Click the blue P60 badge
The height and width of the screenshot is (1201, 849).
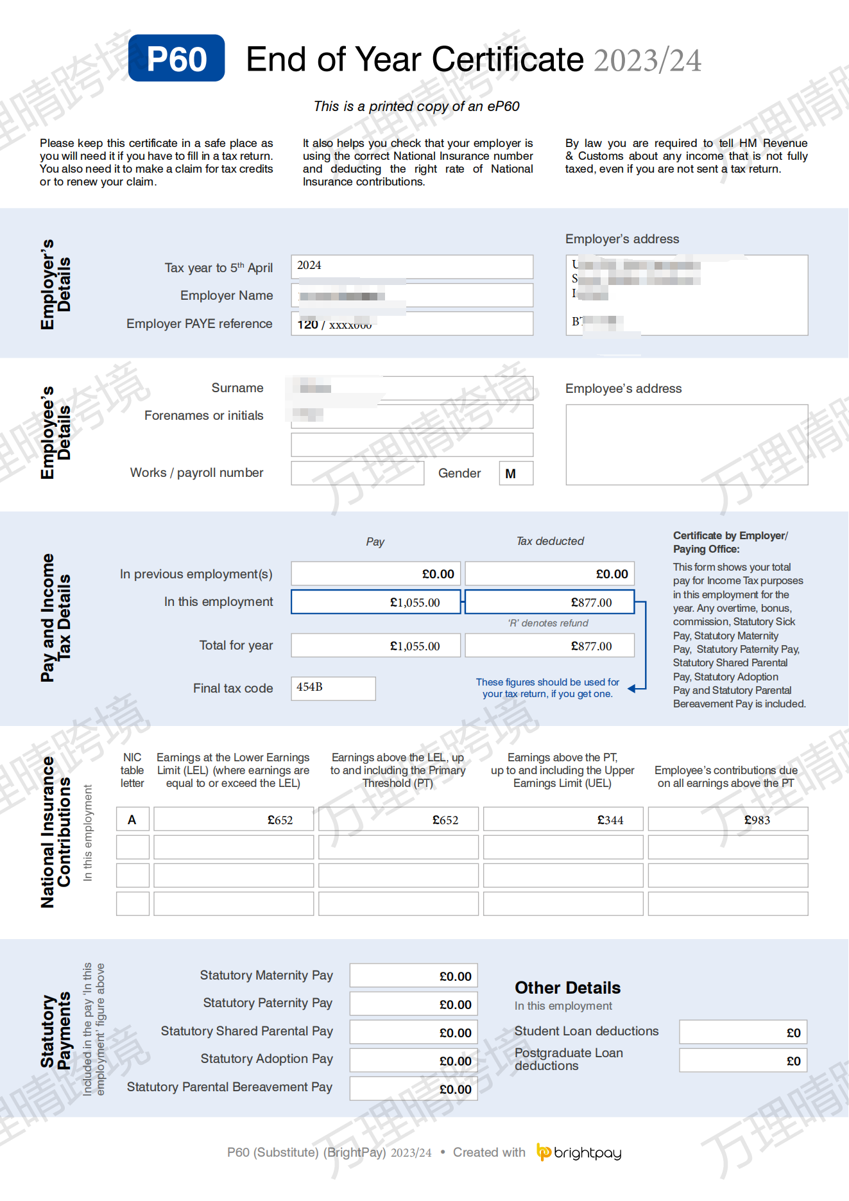(x=176, y=58)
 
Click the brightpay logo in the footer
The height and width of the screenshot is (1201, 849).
(x=579, y=1153)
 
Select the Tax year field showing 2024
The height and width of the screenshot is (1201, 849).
(x=411, y=266)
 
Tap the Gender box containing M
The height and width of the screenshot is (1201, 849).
(x=516, y=474)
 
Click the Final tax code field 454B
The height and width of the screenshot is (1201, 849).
(x=333, y=688)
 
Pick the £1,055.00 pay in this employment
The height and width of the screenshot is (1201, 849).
(x=376, y=602)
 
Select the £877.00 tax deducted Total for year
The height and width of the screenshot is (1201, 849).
(x=549, y=646)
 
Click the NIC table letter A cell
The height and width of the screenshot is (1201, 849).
(x=133, y=820)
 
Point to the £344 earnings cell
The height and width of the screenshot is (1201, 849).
(x=563, y=820)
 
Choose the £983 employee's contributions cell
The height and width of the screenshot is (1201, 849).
(x=728, y=820)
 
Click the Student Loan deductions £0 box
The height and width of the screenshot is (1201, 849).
(x=743, y=1032)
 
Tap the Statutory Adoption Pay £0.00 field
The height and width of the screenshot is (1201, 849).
(x=414, y=1061)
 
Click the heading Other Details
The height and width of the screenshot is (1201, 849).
(x=567, y=987)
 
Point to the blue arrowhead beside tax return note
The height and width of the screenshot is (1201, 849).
(x=633, y=688)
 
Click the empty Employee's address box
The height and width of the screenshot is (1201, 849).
(x=687, y=444)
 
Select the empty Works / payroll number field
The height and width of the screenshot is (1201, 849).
(x=357, y=474)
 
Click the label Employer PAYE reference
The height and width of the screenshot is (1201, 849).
(x=199, y=324)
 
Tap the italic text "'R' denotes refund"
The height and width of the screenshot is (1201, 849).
(x=548, y=623)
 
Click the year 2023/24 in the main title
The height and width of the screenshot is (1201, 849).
(x=647, y=60)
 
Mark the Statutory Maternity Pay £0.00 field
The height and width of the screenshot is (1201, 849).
(x=414, y=976)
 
